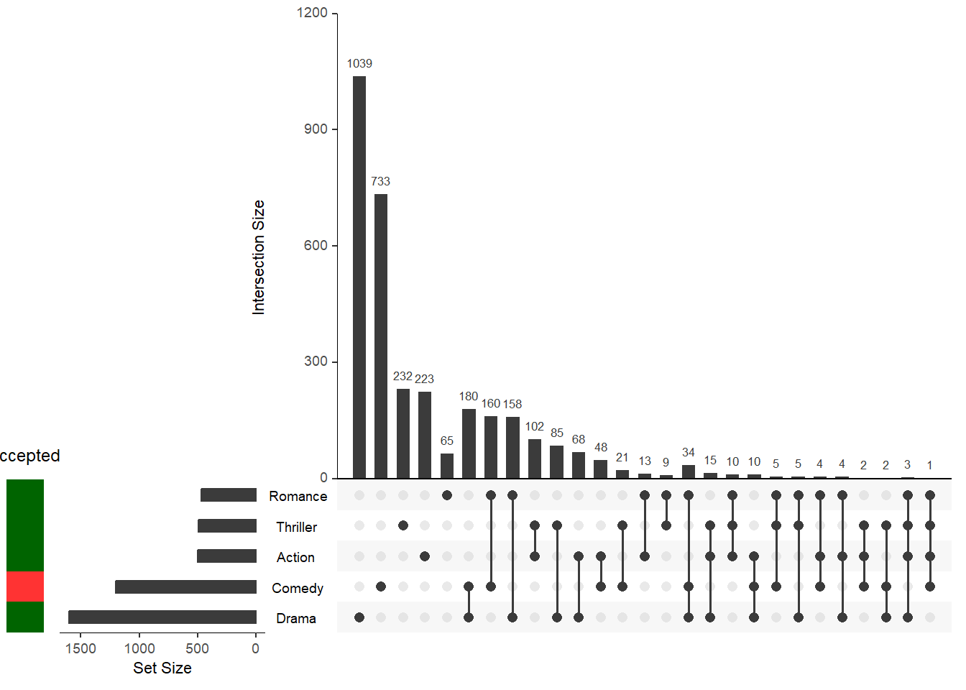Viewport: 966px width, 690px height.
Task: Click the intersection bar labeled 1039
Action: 359,277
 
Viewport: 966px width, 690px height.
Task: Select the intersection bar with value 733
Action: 381,336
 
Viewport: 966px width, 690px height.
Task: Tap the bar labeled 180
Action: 469,443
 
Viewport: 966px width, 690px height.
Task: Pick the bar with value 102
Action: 535,459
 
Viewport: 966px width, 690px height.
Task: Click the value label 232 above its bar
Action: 402,376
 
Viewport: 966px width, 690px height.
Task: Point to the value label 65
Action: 447,441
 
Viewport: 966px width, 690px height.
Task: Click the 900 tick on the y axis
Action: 316,129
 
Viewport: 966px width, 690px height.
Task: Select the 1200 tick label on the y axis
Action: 312,12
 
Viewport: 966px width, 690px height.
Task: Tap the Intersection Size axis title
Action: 259,257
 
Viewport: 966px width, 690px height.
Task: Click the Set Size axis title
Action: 162,668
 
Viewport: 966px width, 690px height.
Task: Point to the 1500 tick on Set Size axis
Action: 80,648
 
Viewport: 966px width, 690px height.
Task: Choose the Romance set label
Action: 298,496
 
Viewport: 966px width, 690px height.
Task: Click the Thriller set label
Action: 296,527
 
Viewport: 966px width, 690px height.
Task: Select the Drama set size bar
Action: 162,617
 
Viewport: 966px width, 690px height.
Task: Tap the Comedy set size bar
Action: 185,587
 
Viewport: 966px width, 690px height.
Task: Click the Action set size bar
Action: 226,556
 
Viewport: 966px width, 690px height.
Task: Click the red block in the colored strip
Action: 25,586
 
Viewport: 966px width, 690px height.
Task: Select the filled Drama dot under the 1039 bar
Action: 359,617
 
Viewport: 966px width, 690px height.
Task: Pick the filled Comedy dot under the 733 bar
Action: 381,586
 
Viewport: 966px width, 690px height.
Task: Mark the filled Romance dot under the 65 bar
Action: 447,495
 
